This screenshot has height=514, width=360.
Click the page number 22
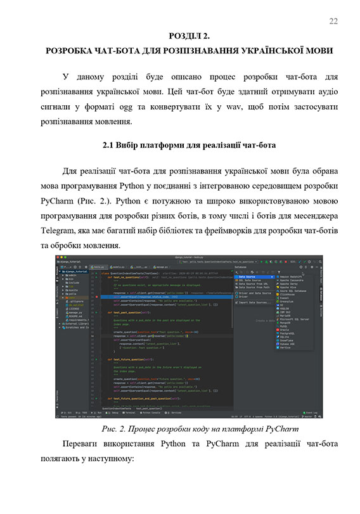point(333,22)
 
